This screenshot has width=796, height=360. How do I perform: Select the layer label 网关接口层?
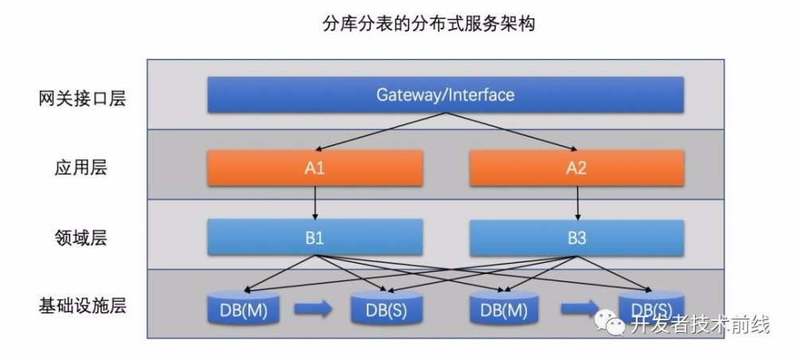pyautogui.click(x=82, y=99)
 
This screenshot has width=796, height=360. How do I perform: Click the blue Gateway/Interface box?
pyautogui.click(x=445, y=95)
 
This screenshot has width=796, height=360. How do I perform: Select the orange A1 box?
pyautogui.click(x=316, y=168)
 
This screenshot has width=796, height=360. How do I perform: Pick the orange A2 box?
pyautogui.click(x=577, y=168)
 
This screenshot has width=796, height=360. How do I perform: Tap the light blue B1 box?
pyautogui.click(x=316, y=237)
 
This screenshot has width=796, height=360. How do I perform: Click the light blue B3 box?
pyautogui.click(x=577, y=237)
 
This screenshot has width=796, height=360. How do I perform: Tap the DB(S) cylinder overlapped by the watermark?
pyautogui.click(x=651, y=309)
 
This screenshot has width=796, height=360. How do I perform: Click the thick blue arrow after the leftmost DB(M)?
pyautogui.click(x=313, y=310)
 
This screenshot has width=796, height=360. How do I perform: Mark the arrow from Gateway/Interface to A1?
pyautogui.click(x=382, y=131)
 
